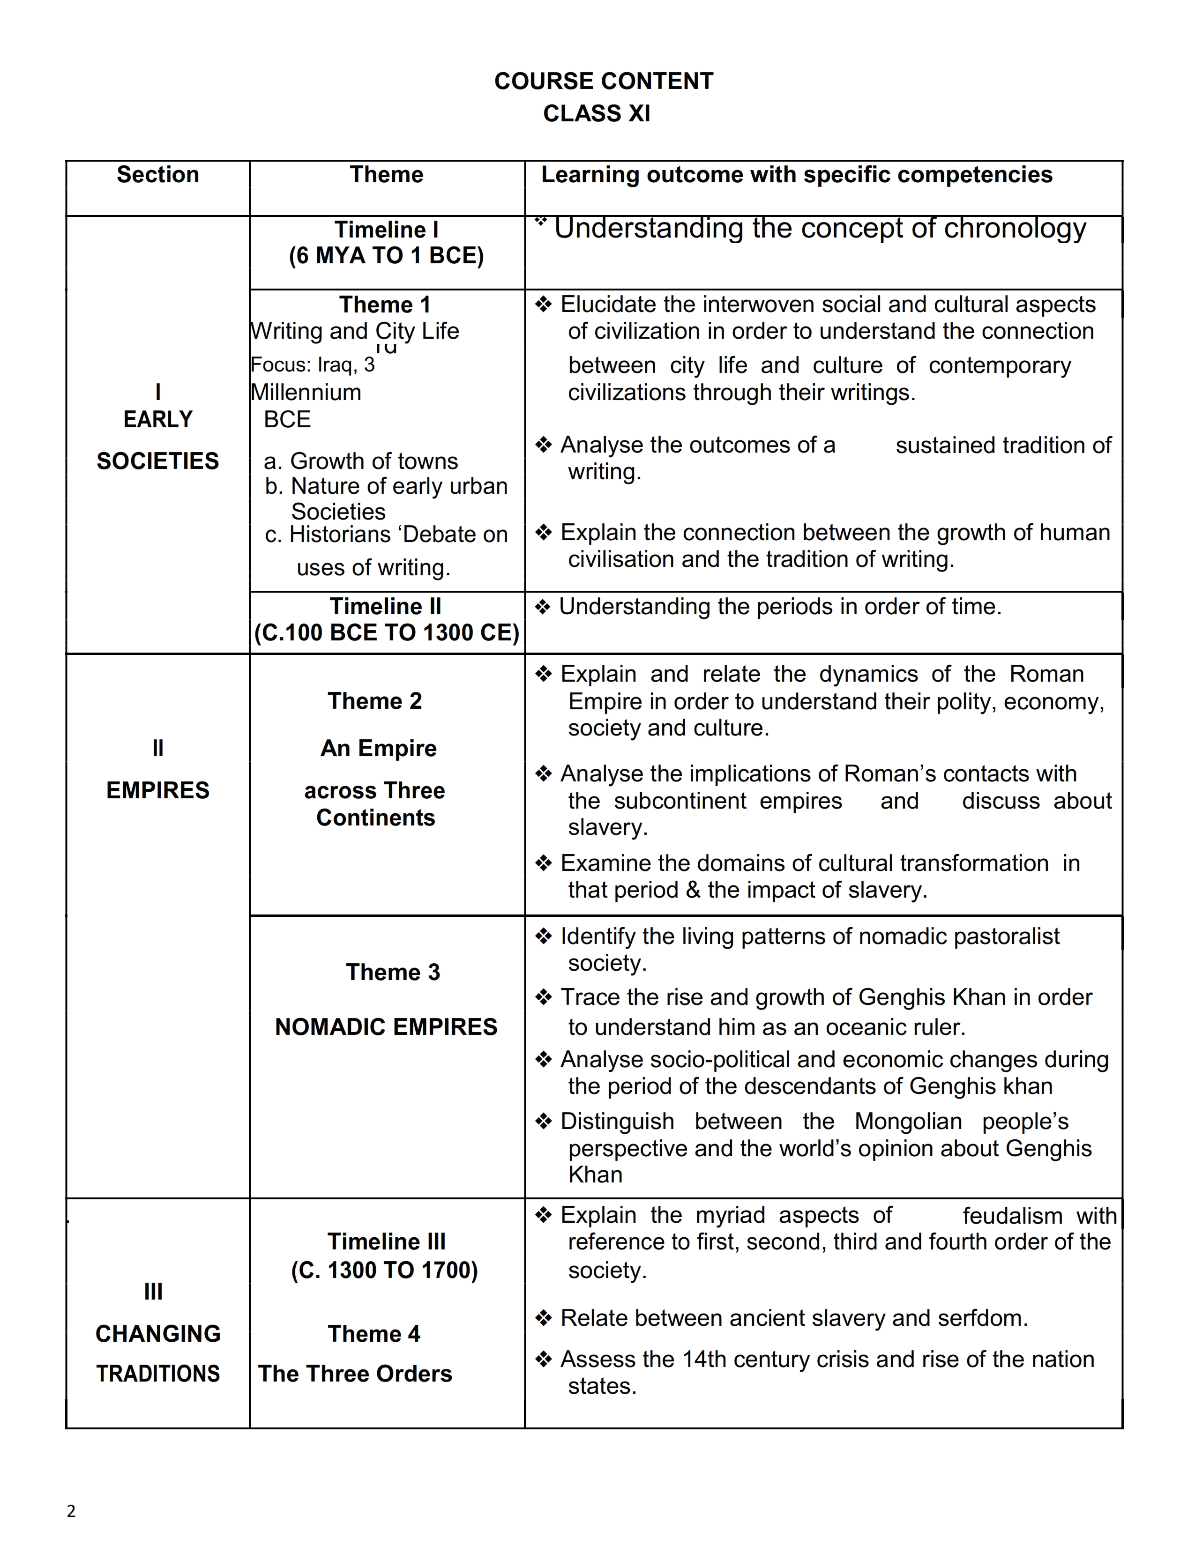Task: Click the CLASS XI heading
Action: click(596, 113)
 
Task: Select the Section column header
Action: click(158, 175)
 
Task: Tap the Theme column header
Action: click(387, 175)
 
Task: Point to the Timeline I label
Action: click(387, 230)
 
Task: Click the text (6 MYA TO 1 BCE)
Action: click(387, 255)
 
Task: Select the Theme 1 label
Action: click(385, 305)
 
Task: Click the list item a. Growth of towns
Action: click(361, 461)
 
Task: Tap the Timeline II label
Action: click(386, 607)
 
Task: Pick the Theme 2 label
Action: click(375, 701)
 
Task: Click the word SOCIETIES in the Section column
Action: click(158, 461)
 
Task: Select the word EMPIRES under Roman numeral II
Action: click(158, 790)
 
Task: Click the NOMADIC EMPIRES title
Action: click(387, 1026)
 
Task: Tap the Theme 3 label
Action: click(393, 972)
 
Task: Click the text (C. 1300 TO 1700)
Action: click(384, 1270)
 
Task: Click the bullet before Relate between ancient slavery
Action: click(543, 1318)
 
